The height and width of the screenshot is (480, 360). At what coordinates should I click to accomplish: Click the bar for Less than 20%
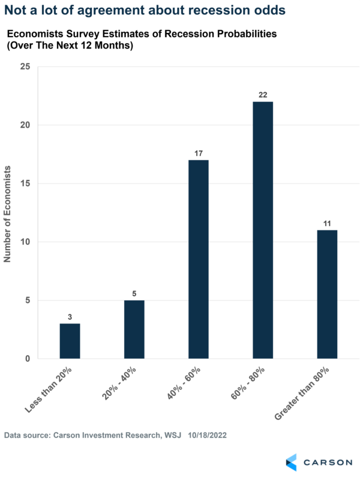pos(70,341)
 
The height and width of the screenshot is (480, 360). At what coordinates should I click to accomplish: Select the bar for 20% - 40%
pos(134,329)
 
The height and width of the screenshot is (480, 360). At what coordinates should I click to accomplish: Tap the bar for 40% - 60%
pos(199,259)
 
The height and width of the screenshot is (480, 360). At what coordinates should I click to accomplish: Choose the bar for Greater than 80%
pos(327,294)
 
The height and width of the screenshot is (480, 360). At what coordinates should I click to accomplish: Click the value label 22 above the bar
pos(263,95)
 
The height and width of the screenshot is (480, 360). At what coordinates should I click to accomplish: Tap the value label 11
pos(327,224)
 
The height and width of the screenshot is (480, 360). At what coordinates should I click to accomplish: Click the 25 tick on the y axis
pos(26,67)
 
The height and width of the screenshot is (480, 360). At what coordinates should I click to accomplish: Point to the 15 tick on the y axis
pos(26,184)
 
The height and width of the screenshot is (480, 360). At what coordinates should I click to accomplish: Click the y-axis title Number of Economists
pos(8,213)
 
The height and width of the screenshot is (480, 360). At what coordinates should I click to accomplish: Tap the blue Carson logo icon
pos(291,462)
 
